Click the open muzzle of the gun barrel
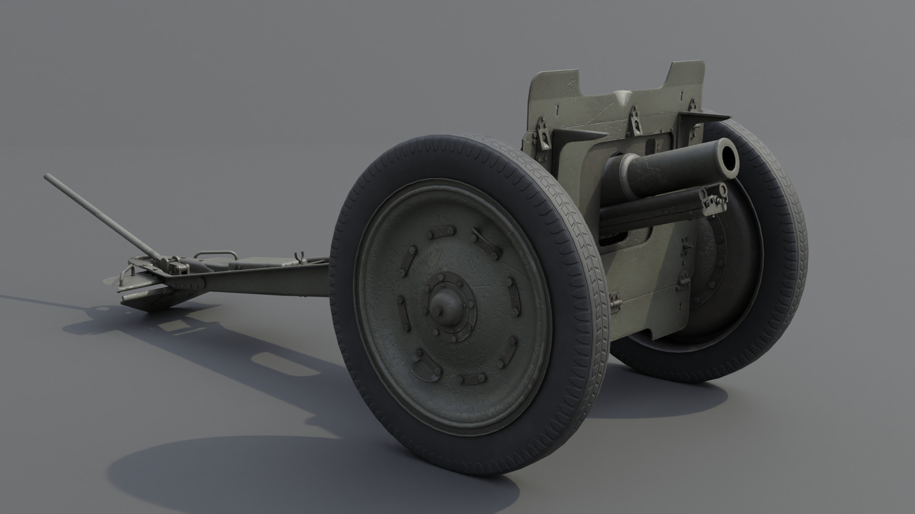pyautogui.click(x=728, y=156)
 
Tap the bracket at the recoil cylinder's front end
pyautogui.click(x=713, y=200)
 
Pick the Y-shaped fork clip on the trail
pyautogui.click(x=299, y=257)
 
